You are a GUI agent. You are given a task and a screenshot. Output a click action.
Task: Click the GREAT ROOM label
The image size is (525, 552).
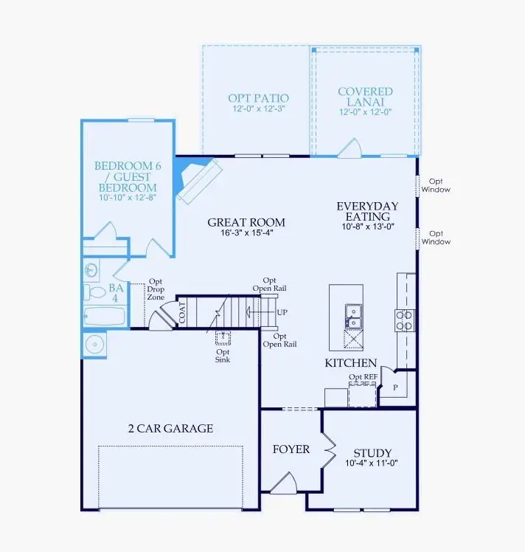[246, 222]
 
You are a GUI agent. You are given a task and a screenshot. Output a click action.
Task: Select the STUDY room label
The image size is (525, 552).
[372, 452]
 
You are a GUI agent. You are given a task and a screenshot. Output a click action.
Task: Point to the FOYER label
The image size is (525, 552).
[291, 449]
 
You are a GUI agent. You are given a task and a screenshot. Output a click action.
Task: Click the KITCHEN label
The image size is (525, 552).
[351, 363]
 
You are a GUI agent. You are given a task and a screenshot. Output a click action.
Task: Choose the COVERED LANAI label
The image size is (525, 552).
[365, 97]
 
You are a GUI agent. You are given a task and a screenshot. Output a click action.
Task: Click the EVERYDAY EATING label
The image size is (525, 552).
[367, 211]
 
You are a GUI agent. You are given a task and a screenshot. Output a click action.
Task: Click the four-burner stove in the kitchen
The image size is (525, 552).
[406, 319]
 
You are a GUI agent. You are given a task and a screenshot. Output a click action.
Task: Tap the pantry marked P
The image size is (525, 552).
[394, 387]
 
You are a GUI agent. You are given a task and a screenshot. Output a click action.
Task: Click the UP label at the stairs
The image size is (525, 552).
[282, 312]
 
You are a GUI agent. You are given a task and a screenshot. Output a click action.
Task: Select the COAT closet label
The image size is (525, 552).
[182, 312]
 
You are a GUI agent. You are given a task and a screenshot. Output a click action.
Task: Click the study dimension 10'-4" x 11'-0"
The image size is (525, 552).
[372, 464]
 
